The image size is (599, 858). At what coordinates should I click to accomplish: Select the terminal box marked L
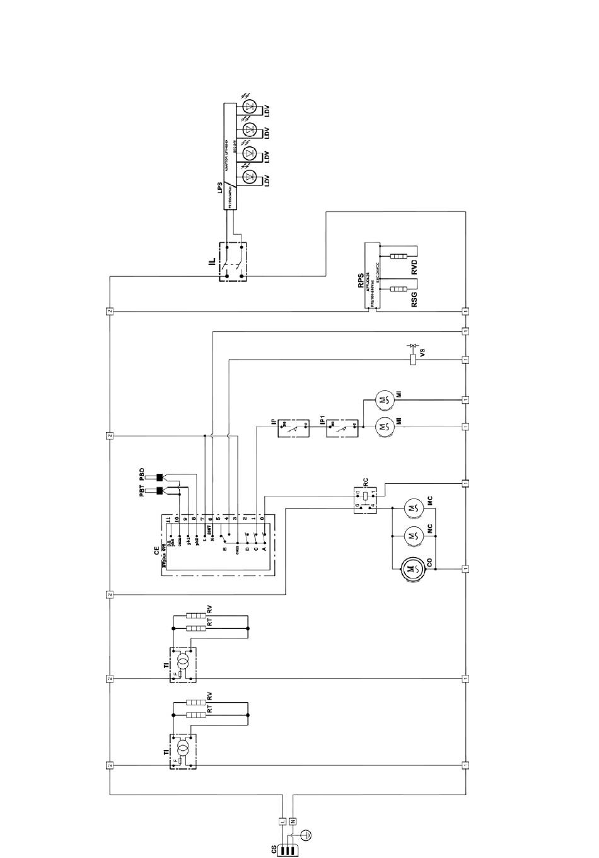pyautogui.click(x=282, y=821)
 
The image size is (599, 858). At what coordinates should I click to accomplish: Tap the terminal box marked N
pyautogui.click(x=292, y=821)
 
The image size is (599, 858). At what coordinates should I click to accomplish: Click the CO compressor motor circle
pyautogui.click(x=412, y=568)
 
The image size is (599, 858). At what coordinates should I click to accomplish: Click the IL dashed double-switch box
pyautogui.click(x=232, y=261)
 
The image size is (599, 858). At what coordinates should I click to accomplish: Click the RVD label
pyautogui.click(x=414, y=266)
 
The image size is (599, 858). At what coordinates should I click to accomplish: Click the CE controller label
pyautogui.click(x=157, y=549)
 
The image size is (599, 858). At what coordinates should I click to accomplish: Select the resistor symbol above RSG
pyautogui.click(x=398, y=289)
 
